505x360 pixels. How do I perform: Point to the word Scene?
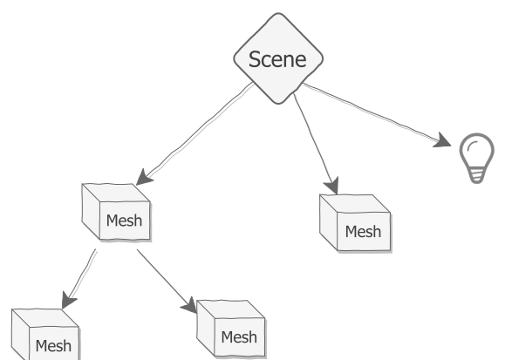277,59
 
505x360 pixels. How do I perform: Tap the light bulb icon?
476,157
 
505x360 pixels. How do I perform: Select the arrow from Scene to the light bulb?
375,113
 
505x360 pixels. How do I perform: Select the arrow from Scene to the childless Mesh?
314,139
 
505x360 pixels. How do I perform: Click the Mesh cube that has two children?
113,211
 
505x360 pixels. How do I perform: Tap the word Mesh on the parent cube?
123,220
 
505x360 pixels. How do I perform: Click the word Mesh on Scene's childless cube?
363,232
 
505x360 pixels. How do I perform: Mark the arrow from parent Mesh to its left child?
78,279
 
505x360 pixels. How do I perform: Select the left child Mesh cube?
43,335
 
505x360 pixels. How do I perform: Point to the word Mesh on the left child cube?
53,346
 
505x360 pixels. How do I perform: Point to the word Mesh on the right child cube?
239,337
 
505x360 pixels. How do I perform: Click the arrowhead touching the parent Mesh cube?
145,177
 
